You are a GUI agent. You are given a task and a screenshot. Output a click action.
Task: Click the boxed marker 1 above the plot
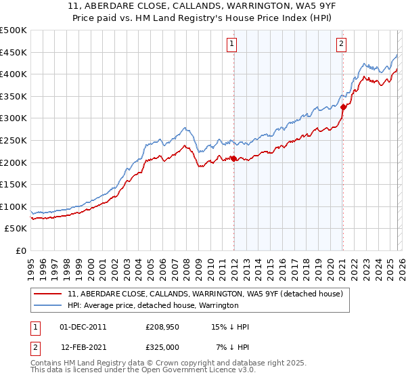(x=231, y=44)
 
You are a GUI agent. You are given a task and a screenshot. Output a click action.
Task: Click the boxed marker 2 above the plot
(x=340, y=44)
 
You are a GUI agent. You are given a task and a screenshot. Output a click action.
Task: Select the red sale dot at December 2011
(x=233, y=158)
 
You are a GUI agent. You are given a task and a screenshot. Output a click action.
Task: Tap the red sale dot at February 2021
(x=343, y=107)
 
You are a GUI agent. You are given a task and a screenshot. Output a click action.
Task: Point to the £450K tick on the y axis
(x=14, y=52)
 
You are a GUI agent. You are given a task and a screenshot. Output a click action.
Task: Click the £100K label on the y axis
(x=14, y=206)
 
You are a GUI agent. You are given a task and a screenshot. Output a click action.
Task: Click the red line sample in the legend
(x=48, y=294)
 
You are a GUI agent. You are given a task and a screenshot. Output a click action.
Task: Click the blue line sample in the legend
(x=48, y=306)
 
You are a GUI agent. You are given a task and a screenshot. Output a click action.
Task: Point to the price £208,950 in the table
(x=161, y=327)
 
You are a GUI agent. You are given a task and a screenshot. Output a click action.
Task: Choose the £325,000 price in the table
(x=161, y=347)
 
